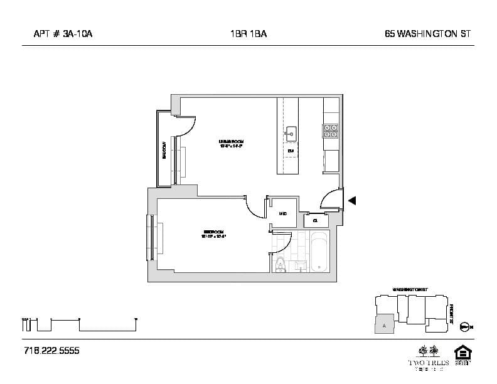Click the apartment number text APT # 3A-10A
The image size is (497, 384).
(63, 35)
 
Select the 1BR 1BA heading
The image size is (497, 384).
(248, 35)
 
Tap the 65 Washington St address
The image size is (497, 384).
(428, 35)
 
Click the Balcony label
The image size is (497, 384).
(164, 149)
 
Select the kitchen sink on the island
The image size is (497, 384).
(291, 132)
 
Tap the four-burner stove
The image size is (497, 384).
(330, 131)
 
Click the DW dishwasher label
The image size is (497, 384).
(291, 151)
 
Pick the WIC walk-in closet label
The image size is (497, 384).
(282, 214)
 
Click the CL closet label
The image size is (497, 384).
(315, 220)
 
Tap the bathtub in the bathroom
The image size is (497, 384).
(319, 252)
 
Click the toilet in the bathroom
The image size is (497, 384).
(280, 264)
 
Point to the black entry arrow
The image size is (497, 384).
(352, 201)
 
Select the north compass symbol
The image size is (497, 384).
(464, 326)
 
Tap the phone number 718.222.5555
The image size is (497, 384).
(51, 350)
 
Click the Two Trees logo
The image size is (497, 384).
(429, 356)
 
